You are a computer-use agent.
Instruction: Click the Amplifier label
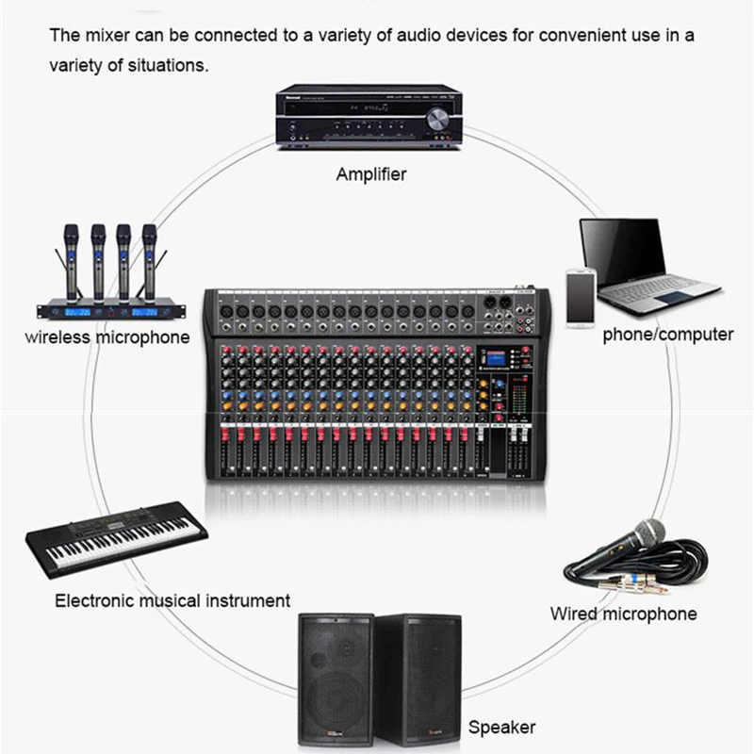click(x=371, y=174)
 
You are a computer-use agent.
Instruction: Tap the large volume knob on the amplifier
click(x=437, y=120)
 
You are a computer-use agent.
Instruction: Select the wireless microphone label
click(x=107, y=337)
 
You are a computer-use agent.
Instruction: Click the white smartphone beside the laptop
click(x=580, y=298)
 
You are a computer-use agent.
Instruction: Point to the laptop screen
click(x=622, y=252)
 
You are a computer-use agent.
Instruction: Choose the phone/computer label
click(x=668, y=335)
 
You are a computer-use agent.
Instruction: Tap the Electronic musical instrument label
click(x=172, y=600)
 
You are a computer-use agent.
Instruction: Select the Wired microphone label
click(x=624, y=615)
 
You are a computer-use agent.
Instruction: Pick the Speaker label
click(x=501, y=727)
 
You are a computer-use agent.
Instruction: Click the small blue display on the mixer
click(x=496, y=359)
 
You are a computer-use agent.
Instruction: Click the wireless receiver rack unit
click(x=107, y=310)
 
